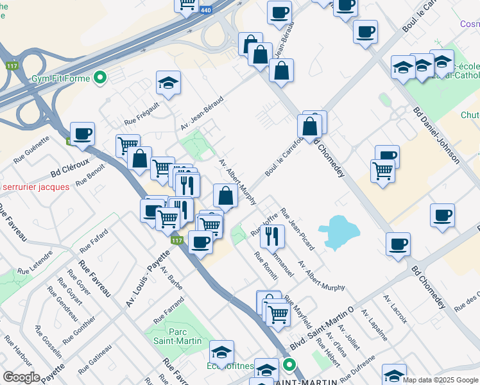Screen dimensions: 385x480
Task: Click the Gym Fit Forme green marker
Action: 99,79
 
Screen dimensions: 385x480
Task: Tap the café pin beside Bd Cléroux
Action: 83,135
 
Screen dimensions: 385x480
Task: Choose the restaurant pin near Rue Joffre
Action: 272,235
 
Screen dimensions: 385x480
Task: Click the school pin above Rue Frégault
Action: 169,83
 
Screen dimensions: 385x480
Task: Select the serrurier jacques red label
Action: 36,187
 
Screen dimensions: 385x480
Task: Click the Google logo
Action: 21,377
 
